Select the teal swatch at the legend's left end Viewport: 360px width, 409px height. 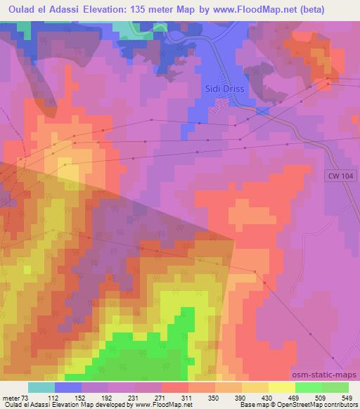click(41, 387)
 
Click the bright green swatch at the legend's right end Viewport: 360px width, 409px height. click(335, 387)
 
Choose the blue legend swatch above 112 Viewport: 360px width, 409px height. click(68, 387)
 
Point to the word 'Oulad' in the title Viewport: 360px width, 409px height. click(22, 8)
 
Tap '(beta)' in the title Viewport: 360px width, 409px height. click(337, 8)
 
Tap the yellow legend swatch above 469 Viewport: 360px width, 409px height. click(282, 387)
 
